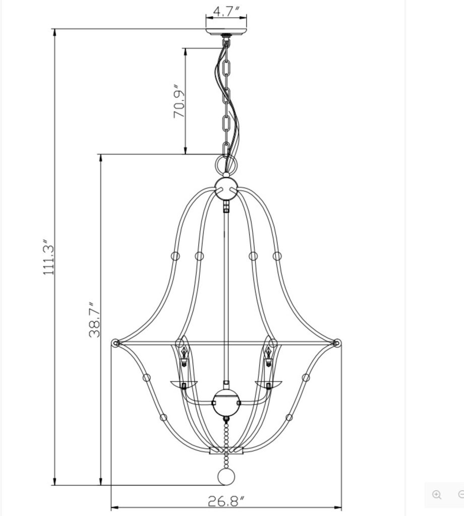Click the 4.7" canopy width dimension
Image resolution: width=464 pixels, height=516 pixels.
[x=225, y=11]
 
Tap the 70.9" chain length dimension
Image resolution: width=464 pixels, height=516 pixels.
[x=180, y=101]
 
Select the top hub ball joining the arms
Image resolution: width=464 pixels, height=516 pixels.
[x=226, y=188]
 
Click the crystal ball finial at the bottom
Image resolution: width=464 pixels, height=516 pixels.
[x=225, y=477]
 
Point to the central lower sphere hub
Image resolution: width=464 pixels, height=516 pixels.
[x=225, y=404]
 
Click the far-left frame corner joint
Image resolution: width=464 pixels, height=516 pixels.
[x=115, y=344]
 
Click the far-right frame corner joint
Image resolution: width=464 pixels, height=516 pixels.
[x=337, y=344]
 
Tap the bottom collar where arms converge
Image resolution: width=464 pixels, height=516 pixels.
[x=226, y=450]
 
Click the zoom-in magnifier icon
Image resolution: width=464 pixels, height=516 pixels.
[x=437, y=494]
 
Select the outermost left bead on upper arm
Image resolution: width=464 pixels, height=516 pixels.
[x=175, y=256]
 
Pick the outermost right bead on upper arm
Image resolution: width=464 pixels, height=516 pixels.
[x=277, y=256]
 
